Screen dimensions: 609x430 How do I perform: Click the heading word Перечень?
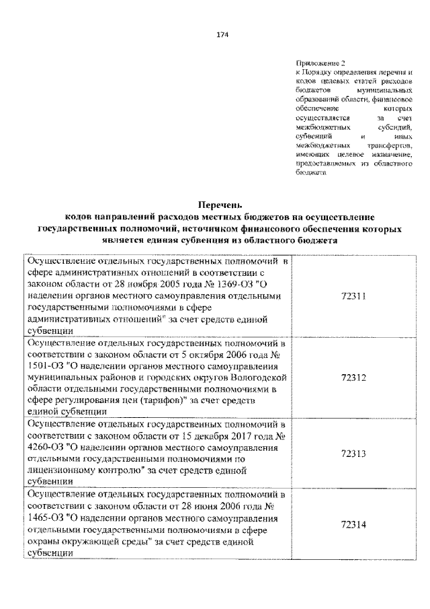[x=222, y=204]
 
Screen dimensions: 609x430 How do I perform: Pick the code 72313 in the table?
[x=353, y=454]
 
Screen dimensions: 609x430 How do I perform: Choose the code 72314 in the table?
[x=353, y=524]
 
